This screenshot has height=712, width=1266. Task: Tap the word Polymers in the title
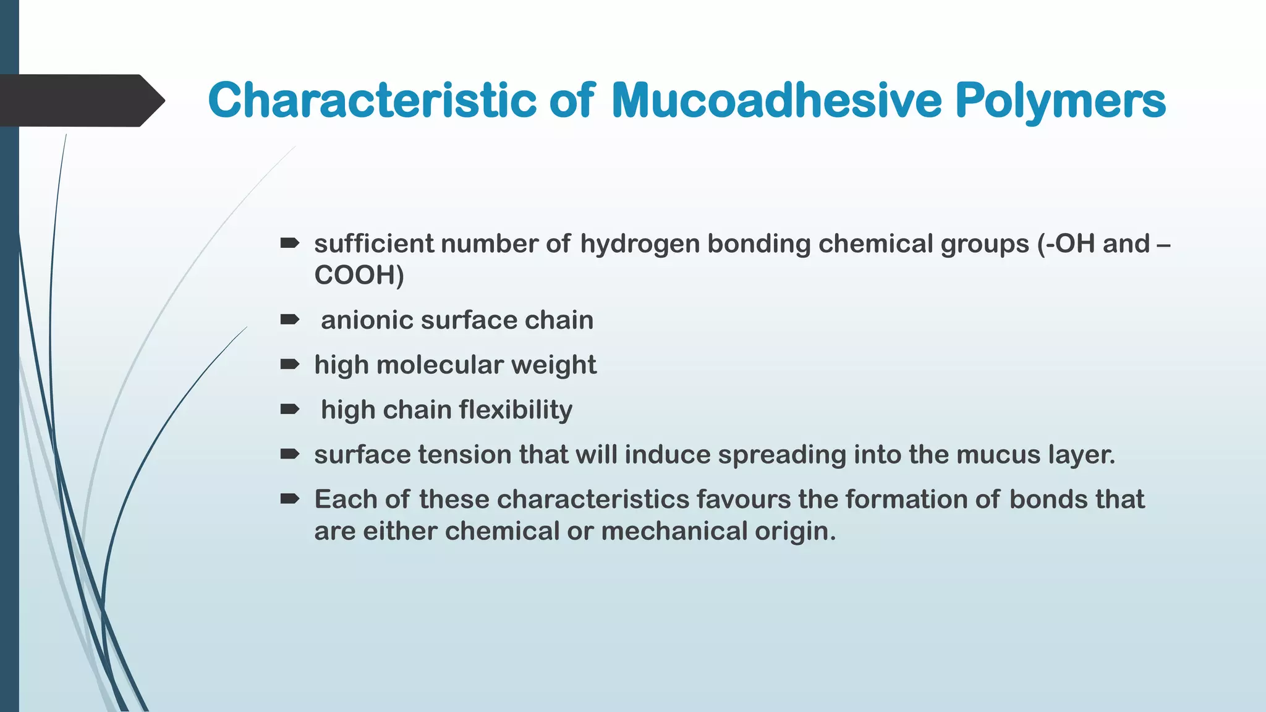pyautogui.click(x=1060, y=100)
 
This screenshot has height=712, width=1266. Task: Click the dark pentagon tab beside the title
pyautogui.click(x=80, y=101)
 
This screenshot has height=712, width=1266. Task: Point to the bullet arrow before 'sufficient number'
pyautogui.click(x=289, y=244)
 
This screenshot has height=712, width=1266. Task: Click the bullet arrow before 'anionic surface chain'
pyautogui.click(x=289, y=320)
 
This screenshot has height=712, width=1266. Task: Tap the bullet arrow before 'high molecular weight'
pyautogui.click(x=289, y=365)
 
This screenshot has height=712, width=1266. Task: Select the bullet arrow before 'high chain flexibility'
pyautogui.click(x=289, y=409)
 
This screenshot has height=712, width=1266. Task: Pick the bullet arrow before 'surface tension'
pyautogui.click(x=289, y=454)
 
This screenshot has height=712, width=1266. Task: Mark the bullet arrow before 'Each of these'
pyautogui.click(x=289, y=499)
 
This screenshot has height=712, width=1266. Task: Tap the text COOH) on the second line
pyautogui.click(x=359, y=275)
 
